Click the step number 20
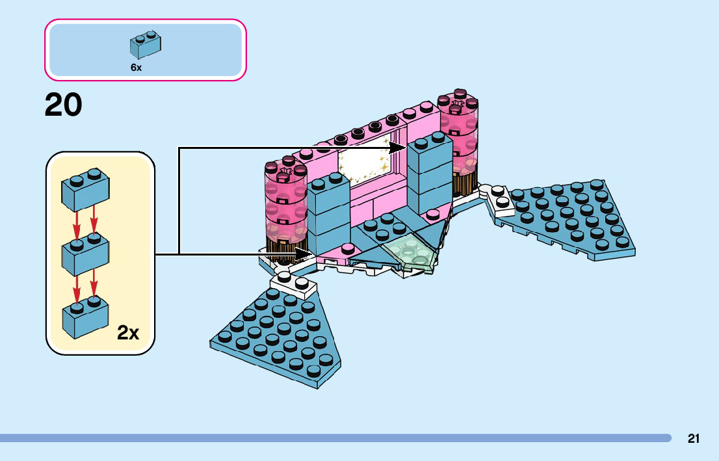(x=64, y=105)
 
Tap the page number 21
(x=694, y=438)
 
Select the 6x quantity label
(x=136, y=68)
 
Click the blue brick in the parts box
(x=146, y=44)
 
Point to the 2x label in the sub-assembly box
(x=128, y=333)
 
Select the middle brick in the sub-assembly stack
(x=85, y=255)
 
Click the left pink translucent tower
(x=285, y=205)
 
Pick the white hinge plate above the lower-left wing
(x=293, y=282)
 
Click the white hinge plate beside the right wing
(x=500, y=198)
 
